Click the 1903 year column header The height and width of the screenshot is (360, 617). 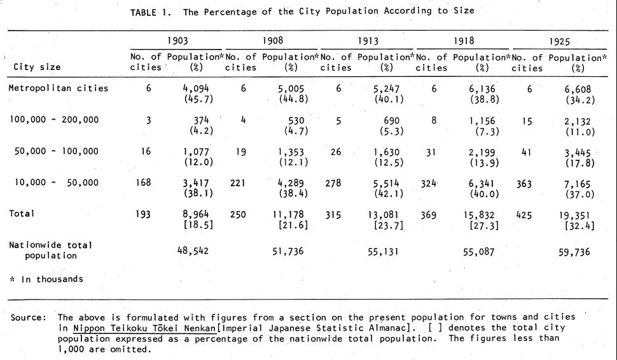pyautogui.click(x=177, y=41)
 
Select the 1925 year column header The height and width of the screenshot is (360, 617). pyautogui.click(x=559, y=42)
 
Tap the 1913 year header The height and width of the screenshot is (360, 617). pyautogui.click(x=368, y=41)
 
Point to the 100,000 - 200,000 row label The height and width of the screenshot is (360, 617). pyautogui.click(x=54, y=120)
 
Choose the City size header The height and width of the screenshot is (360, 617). pyautogui.click(x=37, y=67)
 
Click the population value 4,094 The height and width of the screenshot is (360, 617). pyautogui.click(x=195, y=89)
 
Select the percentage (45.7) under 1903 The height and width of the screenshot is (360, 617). pyautogui.click(x=198, y=99)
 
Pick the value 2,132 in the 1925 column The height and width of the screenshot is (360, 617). pyautogui.click(x=578, y=121)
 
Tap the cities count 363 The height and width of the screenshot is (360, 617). pyautogui.click(x=524, y=184)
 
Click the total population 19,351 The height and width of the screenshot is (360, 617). pyautogui.click(x=574, y=215)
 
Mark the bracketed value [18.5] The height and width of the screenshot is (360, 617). pyautogui.click(x=198, y=225)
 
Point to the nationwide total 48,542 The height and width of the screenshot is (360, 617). pyautogui.click(x=193, y=251)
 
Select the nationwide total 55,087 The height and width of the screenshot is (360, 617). pyautogui.click(x=478, y=252)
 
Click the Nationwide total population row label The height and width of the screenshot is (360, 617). pyautogui.click(x=51, y=250)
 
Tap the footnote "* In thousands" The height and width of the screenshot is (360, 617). pyautogui.click(x=46, y=279)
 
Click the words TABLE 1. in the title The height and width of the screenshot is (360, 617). pyautogui.click(x=151, y=13)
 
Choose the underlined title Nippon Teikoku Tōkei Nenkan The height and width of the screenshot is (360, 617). pyautogui.click(x=144, y=328)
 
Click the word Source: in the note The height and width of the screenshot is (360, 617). pyautogui.click(x=29, y=317)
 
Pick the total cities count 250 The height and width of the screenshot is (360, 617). pyautogui.click(x=238, y=214)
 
